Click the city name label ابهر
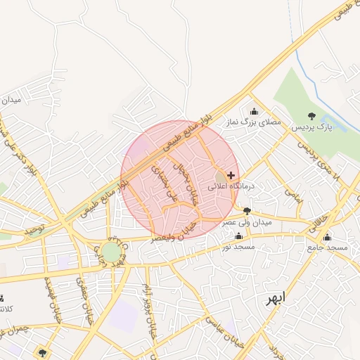(276, 298)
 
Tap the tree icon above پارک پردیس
(311, 116)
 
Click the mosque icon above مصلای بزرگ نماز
(254, 111)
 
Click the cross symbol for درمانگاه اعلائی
(231, 174)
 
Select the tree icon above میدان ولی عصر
(246, 210)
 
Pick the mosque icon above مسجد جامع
(327, 237)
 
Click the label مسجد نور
(236, 247)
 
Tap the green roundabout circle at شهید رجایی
(110, 252)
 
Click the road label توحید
(34, 229)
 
